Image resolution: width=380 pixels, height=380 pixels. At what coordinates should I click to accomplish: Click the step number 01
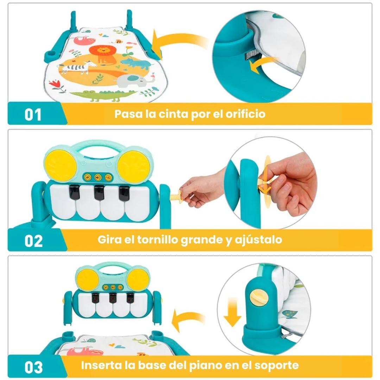point(33,115)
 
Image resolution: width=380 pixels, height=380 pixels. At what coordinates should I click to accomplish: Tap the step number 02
point(33,241)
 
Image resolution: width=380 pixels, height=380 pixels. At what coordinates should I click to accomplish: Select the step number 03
point(33,367)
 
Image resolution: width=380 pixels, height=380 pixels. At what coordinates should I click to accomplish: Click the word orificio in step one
point(246,114)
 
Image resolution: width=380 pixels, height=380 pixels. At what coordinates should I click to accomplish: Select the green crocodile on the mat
point(104,95)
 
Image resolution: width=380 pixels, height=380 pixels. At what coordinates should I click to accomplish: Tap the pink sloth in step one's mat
point(81,40)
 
